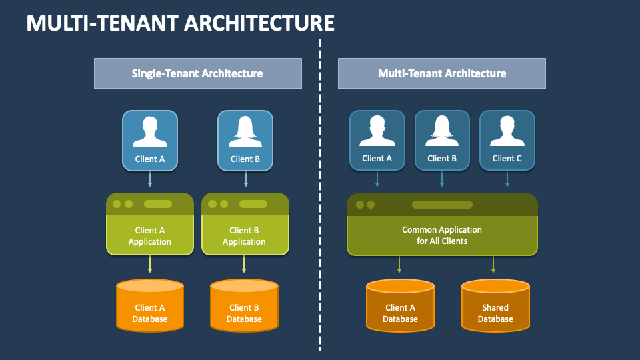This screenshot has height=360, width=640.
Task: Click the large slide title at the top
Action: tap(180, 23)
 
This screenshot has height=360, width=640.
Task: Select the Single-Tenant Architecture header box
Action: tap(197, 73)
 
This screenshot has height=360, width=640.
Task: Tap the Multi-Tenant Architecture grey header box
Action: tap(441, 73)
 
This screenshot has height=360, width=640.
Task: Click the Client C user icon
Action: tap(507, 140)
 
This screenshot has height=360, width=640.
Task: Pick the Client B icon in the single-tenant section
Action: tap(245, 140)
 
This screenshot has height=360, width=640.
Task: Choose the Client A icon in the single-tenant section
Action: tap(150, 140)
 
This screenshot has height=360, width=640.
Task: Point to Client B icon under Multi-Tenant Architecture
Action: tap(442, 140)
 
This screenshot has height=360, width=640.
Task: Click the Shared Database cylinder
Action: tap(495, 306)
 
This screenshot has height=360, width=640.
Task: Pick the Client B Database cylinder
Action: tap(244, 306)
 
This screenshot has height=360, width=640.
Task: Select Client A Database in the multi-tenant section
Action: tap(400, 306)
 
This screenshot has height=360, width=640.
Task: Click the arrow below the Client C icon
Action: tap(507, 179)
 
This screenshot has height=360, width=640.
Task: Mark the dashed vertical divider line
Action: tap(320, 200)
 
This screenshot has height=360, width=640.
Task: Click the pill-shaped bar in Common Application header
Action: tap(441, 205)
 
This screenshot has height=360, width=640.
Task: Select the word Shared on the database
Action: tap(495, 308)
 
